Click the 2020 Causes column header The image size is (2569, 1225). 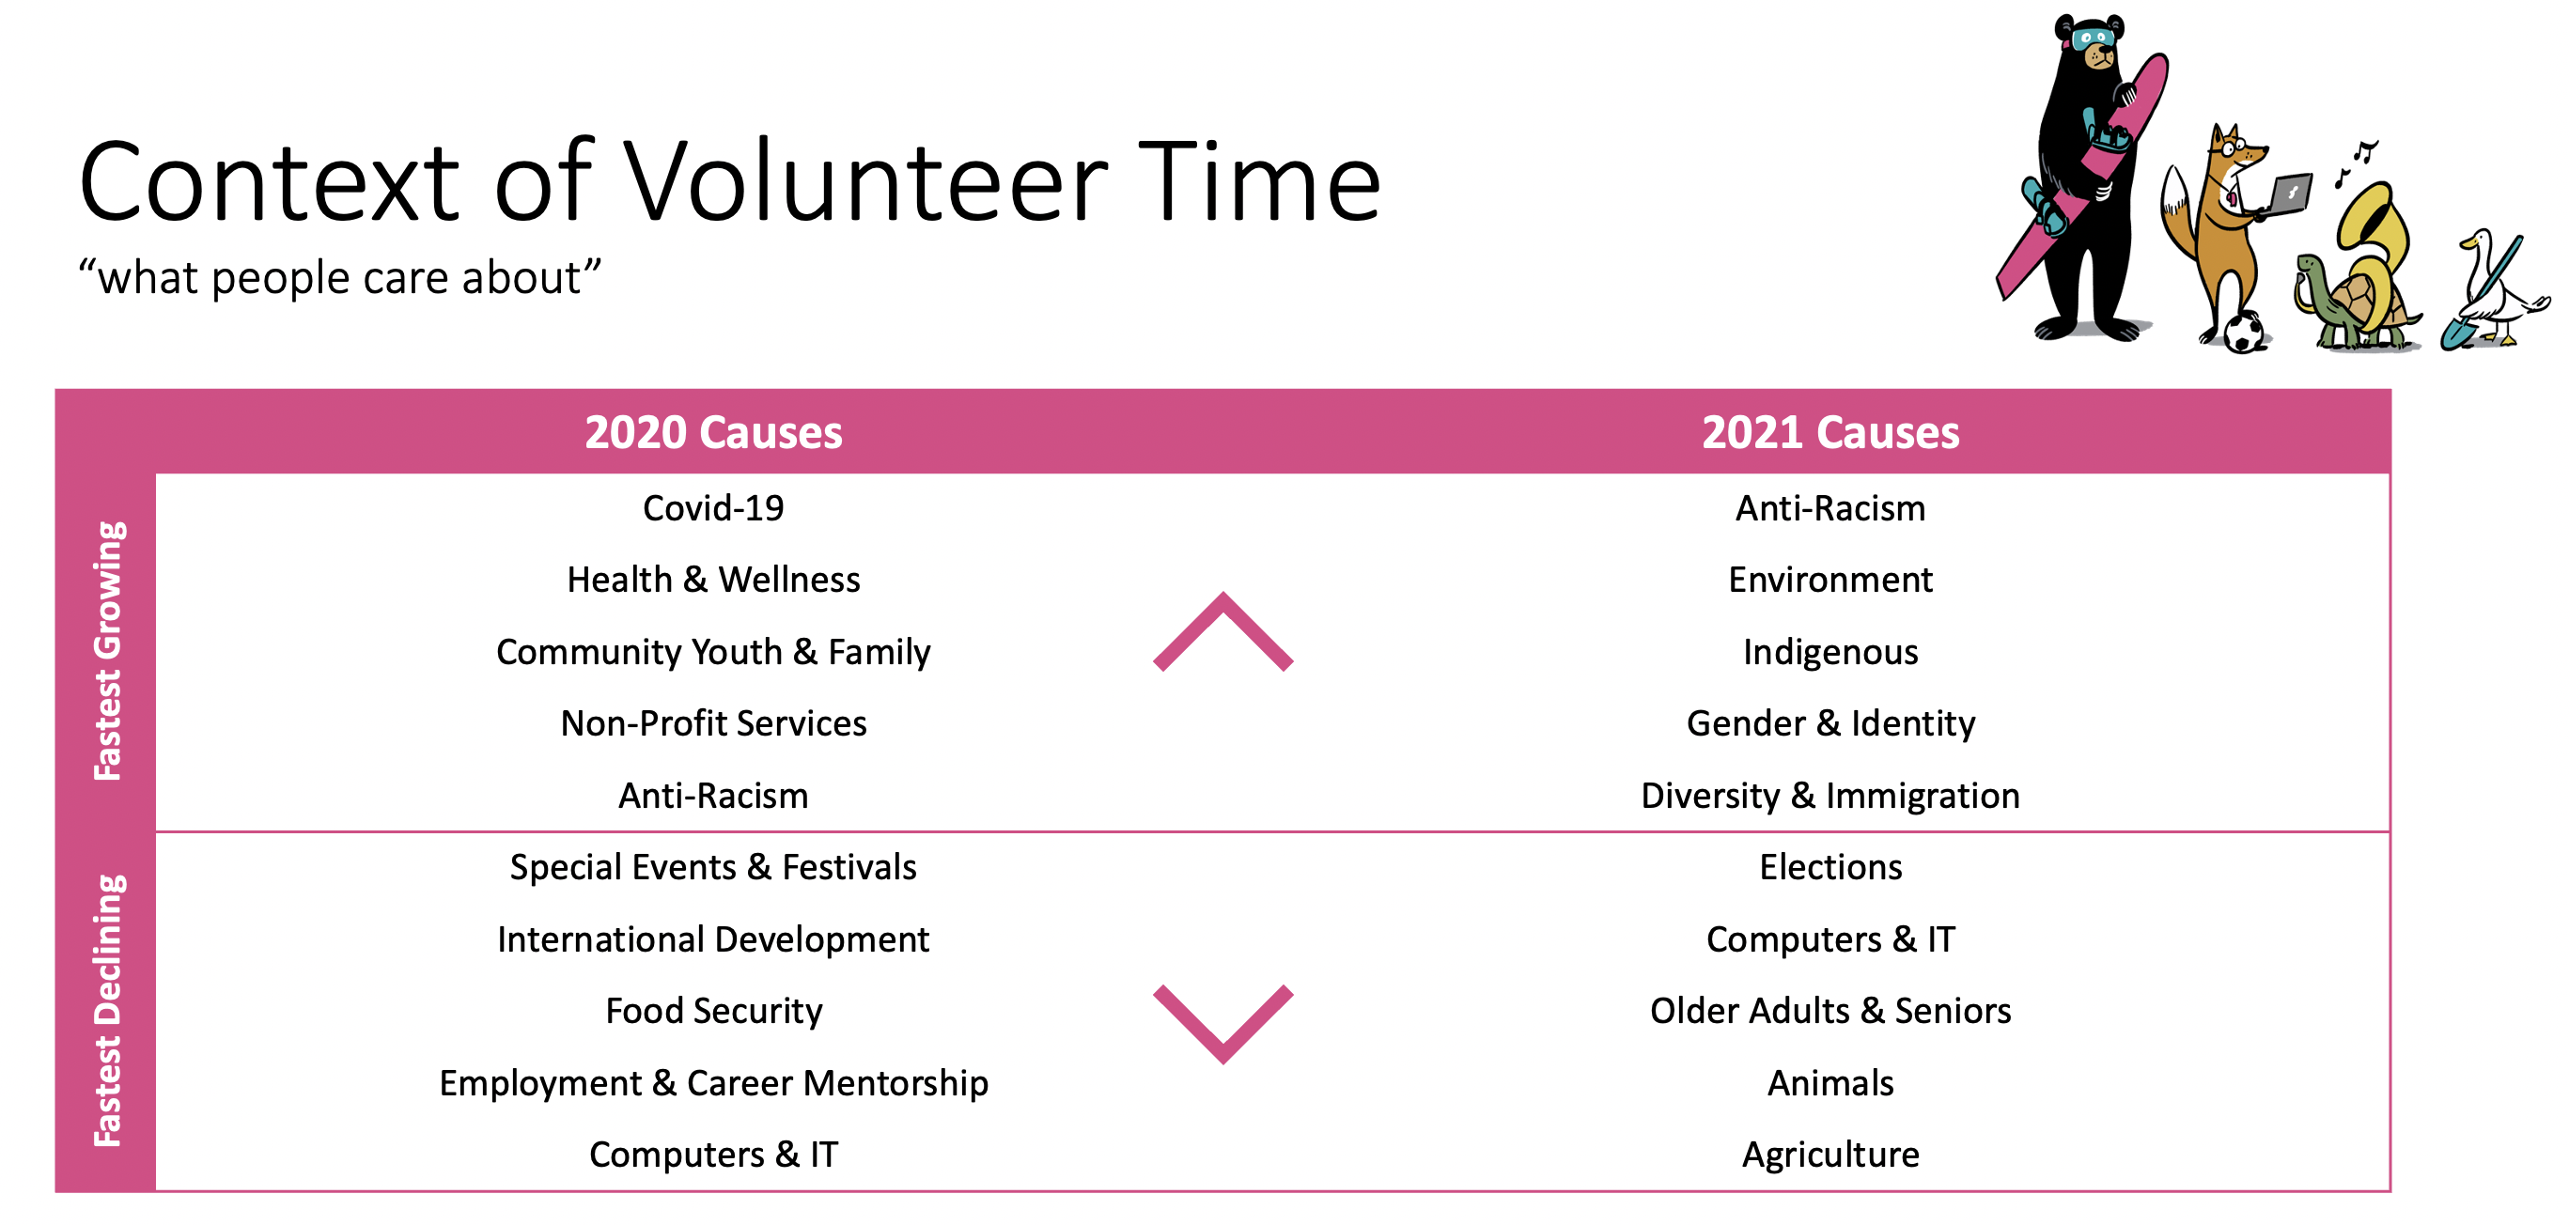coord(713,432)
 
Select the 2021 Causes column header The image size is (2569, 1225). coord(1830,432)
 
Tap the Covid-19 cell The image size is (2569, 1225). coord(713,508)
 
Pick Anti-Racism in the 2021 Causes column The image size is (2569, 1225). coord(1830,508)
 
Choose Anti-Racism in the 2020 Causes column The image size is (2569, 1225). coord(713,796)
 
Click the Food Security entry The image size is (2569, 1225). coord(714,1012)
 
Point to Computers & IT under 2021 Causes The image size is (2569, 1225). coord(1831,938)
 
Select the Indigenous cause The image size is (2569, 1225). coord(1830,653)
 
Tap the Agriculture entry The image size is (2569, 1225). coord(1830,1155)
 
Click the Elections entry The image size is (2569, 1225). coord(1830,867)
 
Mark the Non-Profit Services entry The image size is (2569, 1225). coord(713,723)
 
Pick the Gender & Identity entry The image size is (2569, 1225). coord(1830,724)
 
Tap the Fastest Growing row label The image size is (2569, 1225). coord(108,651)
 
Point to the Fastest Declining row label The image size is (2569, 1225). coord(108,1011)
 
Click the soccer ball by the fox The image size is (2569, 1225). coord(2244,333)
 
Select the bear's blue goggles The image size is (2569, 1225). coord(2093,39)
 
